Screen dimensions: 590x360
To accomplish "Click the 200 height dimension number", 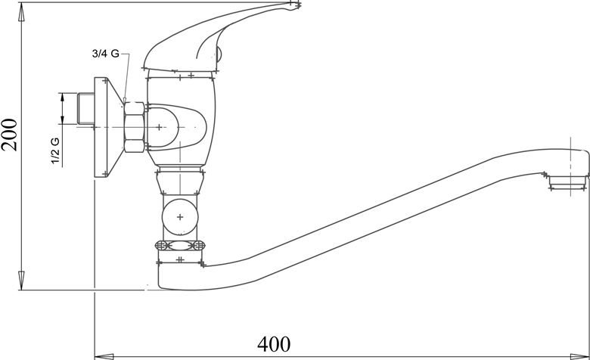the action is point(9,135).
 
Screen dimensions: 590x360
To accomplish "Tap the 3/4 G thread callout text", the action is point(106,54).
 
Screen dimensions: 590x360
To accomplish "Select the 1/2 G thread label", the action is point(55,151).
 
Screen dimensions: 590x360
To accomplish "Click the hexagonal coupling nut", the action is point(134,127).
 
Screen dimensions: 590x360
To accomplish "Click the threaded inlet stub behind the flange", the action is point(85,108).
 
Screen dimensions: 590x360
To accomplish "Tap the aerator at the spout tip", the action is point(568,182).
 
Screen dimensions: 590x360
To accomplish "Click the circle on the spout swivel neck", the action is point(180,217).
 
